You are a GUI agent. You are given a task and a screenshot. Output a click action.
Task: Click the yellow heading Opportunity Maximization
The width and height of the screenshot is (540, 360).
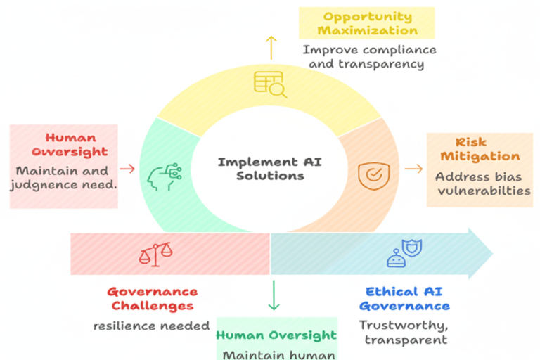(x=366, y=23)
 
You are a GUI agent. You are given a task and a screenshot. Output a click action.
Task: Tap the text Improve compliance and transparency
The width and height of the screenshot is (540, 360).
(x=368, y=57)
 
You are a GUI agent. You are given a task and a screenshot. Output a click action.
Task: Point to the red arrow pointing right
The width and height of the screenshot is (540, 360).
(x=127, y=169)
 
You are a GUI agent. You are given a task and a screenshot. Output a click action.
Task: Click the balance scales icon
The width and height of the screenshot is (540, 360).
(x=155, y=254)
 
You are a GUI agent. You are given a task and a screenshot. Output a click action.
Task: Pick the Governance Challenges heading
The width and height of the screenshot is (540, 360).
(x=152, y=299)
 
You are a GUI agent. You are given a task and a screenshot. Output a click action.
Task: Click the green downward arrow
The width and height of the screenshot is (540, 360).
(x=274, y=295)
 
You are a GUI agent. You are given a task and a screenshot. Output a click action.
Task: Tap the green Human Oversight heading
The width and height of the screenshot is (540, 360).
(x=276, y=335)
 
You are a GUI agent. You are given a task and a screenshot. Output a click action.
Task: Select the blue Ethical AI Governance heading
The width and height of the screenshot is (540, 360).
(x=404, y=299)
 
